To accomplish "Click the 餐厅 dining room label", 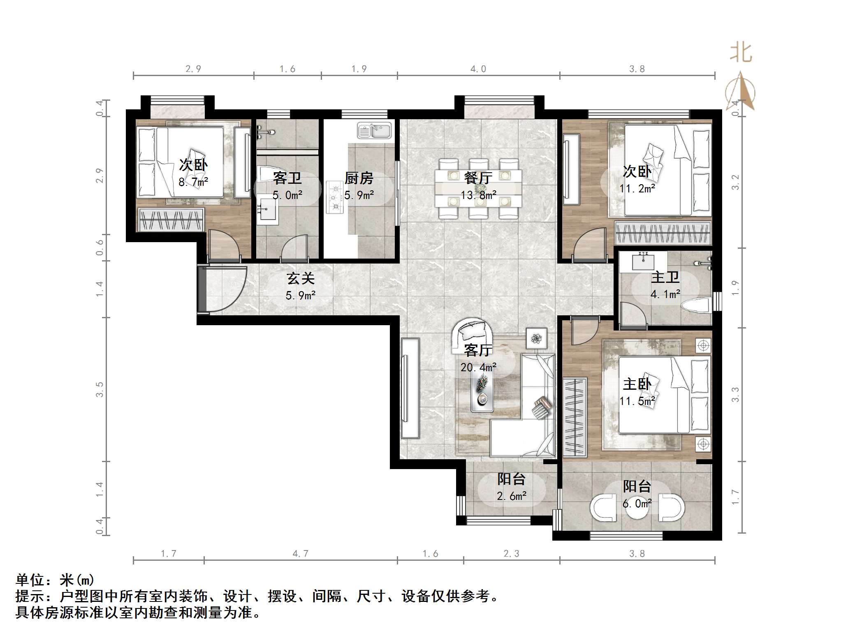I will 478,178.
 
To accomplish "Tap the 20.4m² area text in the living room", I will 478,367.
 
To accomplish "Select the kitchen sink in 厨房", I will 375,130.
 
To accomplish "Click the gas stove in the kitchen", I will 335,197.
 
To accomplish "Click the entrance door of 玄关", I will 202,289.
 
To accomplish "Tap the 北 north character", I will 741,53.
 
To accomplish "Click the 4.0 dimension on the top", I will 478,69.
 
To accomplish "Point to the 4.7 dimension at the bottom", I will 300,554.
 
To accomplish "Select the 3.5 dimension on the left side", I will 99,389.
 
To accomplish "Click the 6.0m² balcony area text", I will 637,504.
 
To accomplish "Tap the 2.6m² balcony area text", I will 511,496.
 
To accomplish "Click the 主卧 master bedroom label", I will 637,384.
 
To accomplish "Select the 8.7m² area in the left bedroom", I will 193,182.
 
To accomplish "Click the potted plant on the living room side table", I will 536,338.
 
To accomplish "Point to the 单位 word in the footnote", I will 30,580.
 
